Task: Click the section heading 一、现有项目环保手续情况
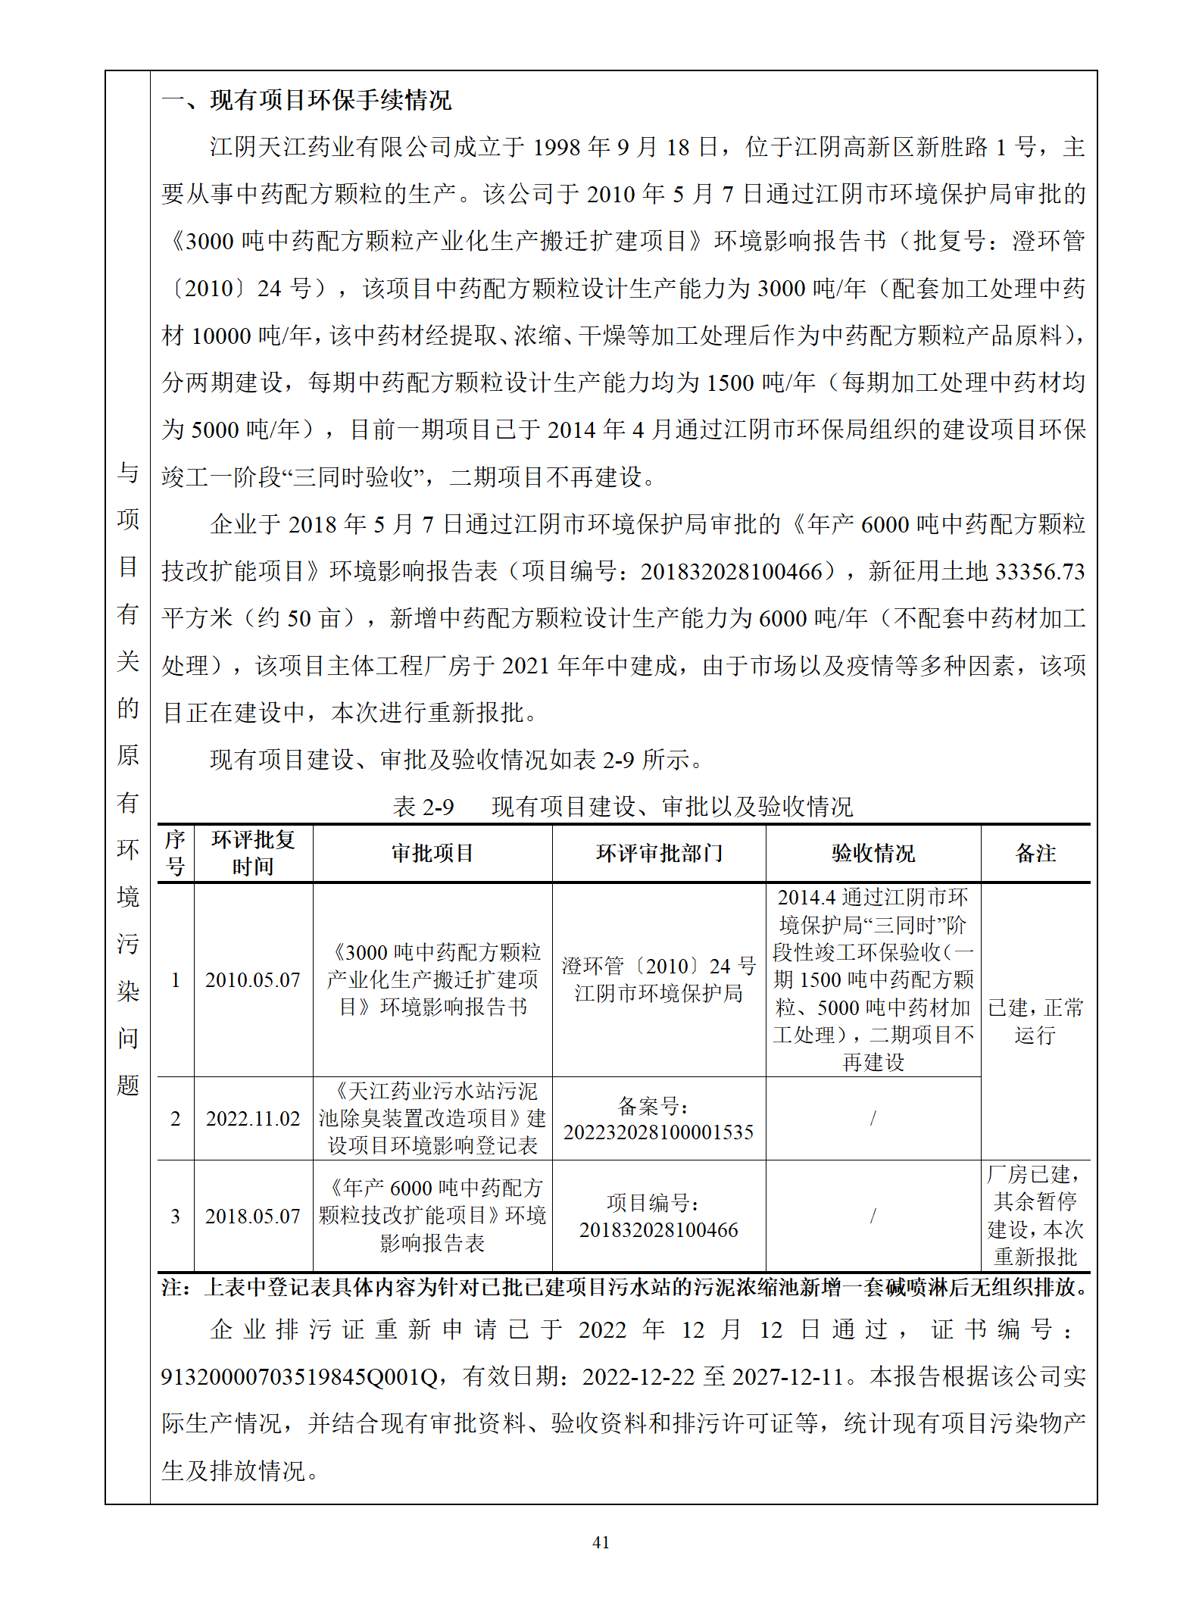click(306, 100)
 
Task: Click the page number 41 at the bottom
click(601, 1542)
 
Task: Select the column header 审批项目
click(432, 854)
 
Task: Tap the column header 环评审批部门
click(659, 854)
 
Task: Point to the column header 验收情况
click(873, 854)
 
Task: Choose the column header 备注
click(1035, 854)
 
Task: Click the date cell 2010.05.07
click(253, 980)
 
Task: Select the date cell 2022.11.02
click(253, 1119)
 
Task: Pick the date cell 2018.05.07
click(253, 1217)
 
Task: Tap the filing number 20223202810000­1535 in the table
click(658, 1132)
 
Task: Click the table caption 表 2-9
click(423, 807)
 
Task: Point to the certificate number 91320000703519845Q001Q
click(299, 1376)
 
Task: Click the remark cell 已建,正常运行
click(1035, 1021)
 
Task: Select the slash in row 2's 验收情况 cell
click(873, 1119)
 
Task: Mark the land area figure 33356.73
click(1040, 572)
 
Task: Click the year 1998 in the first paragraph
click(557, 148)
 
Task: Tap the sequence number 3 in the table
click(175, 1217)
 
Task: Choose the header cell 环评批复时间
click(253, 854)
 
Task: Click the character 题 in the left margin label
click(128, 1085)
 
